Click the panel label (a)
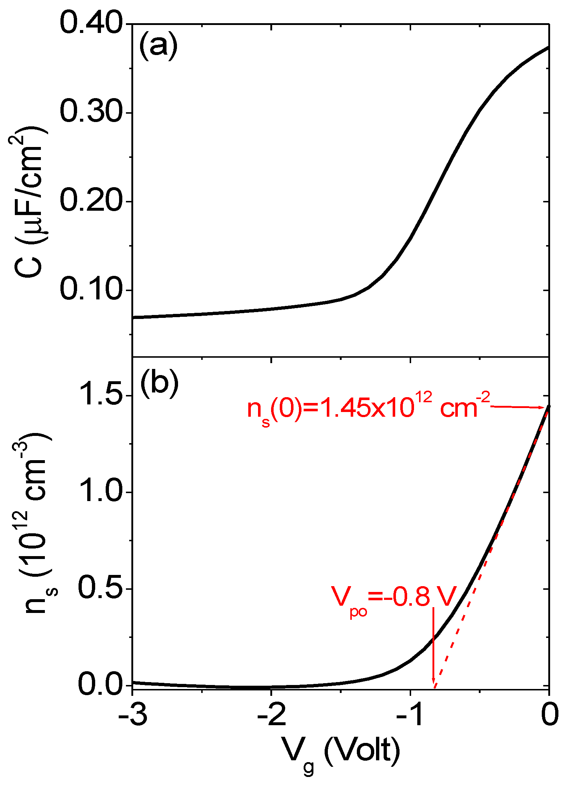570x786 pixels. pyautogui.click(x=159, y=46)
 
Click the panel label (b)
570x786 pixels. pyautogui.click(x=159, y=383)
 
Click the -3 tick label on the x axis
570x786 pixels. pyautogui.click(x=132, y=716)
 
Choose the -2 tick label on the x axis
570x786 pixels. pyautogui.click(x=271, y=716)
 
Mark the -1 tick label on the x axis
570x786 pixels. pyautogui.click(x=410, y=716)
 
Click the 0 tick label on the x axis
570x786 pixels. pyautogui.click(x=549, y=716)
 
